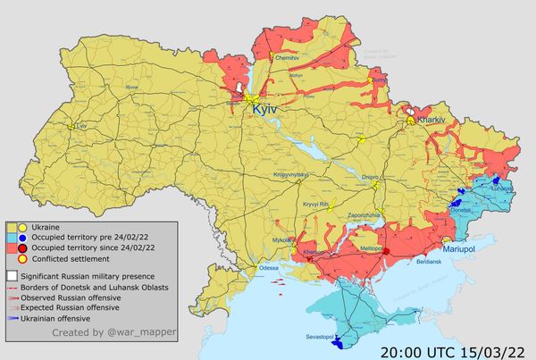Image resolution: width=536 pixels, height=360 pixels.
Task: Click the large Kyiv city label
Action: tap(265, 108)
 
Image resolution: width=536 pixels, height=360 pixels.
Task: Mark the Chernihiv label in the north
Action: tap(286, 57)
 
